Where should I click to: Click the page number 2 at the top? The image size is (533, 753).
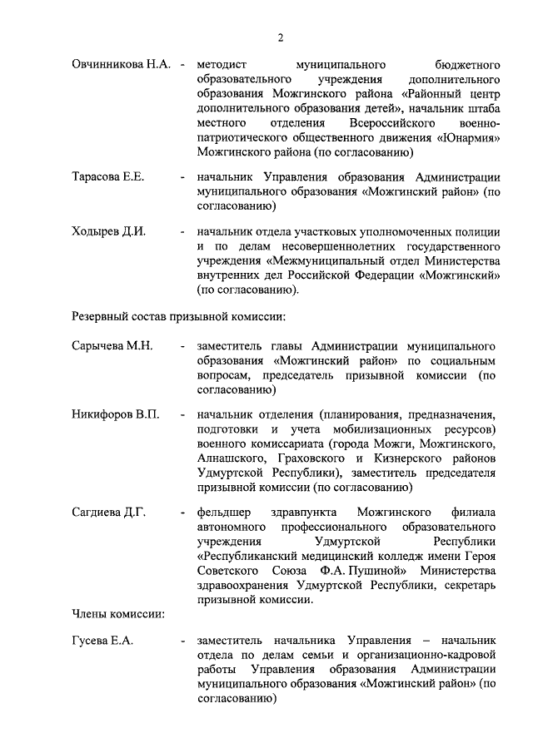281,37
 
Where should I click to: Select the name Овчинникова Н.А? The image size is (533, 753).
121,63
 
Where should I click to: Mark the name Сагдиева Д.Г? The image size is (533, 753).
109,512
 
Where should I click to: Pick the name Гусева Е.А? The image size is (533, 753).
102,640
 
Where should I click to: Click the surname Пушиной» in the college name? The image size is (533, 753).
379,572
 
